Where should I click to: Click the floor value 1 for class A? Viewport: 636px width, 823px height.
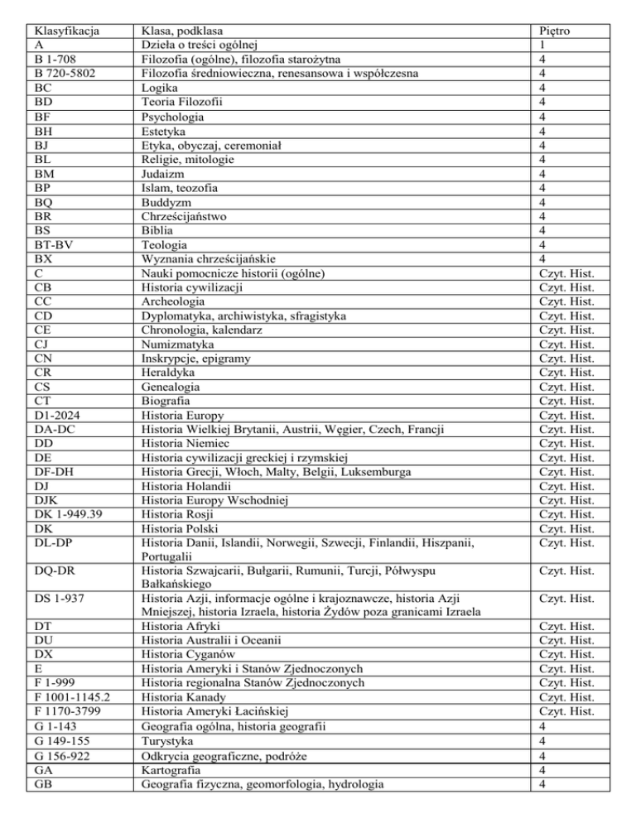click(541, 46)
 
